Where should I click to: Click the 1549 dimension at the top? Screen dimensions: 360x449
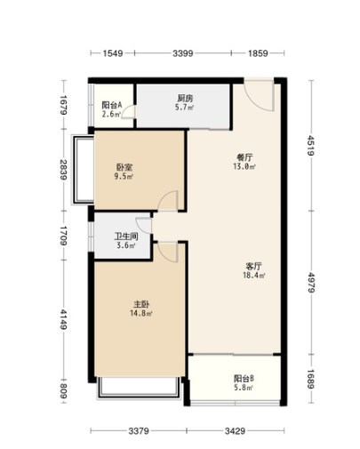pos(113,53)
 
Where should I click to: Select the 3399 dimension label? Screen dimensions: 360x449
pos(183,53)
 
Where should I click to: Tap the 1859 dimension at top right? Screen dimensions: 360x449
pos(258,53)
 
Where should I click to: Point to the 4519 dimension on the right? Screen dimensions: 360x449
pos(311,146)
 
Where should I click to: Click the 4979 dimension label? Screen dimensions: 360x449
pos(311,283)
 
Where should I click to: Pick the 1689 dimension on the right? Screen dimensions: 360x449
pos(311,379)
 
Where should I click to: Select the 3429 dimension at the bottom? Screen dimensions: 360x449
pos(235,431)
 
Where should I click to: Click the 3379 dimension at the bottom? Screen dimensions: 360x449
pos(139,431)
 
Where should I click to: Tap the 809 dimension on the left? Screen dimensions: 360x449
pos(64,391)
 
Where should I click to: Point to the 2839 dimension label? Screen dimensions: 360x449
pos(64,170)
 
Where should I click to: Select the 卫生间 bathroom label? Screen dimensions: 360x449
pos(126,237)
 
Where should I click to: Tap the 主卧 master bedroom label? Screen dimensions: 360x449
pos(141,304)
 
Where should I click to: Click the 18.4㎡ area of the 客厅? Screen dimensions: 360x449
pos(254,276)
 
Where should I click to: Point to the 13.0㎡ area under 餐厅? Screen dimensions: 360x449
pos(244,166)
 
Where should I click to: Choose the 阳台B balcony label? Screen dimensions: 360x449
pos(244,379)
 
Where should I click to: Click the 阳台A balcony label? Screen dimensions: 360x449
pos(112,105)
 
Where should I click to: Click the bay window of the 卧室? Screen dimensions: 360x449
pos(83,170)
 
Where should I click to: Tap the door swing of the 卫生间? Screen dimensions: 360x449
pos(144,225)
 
